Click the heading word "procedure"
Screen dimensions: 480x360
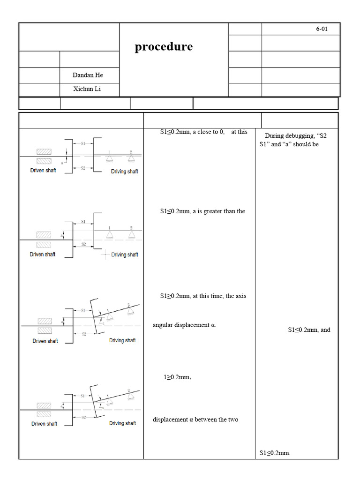(x=164, y=47)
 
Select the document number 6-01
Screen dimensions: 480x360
(x=322, y=29)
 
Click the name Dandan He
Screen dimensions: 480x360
(x=88, y=75)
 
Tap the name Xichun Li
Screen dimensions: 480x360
(x=87, y=89)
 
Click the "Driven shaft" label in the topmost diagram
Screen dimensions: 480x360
(x=43, y=171)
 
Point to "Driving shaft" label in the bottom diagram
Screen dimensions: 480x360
(x=122, y=423)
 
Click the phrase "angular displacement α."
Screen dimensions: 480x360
(x=185, y=325)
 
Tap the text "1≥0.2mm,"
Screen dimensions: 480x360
(x=178, y=377)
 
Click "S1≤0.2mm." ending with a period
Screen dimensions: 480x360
(x=275, y=453)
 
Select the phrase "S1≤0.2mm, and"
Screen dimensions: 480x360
(x=309, y=330)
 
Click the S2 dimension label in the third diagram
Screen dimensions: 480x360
(x=84, y=334)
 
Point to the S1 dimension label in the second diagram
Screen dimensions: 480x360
(x=83, y=221)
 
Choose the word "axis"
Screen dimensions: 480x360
(x=240, y=296)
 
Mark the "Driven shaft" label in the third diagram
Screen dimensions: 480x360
(x=45, y=341)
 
